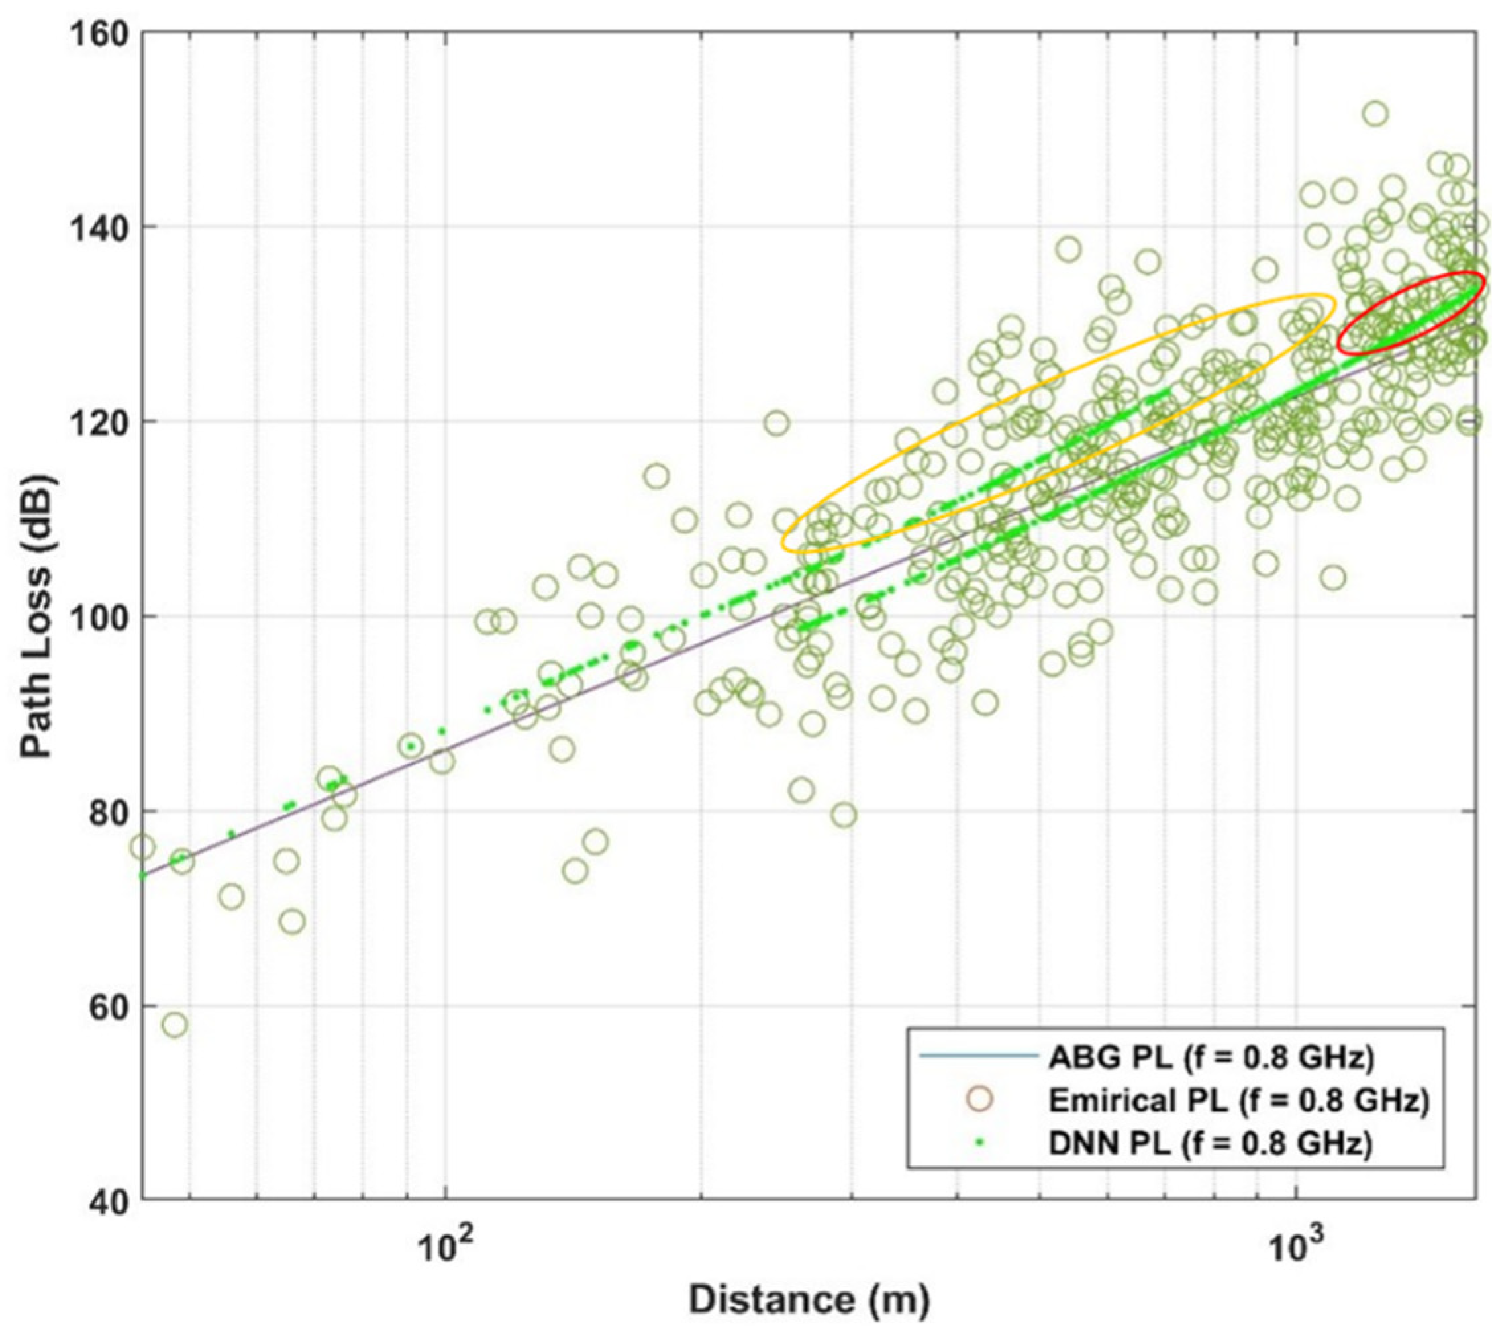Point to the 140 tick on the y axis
[x=94, y=228]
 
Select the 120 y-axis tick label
[x=94, y=422]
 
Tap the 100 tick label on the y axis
[x=94, y=617]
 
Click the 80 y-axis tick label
[x=103, y=811]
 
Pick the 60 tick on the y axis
[x=103, y=1007]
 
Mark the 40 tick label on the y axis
[x=103, y=1201]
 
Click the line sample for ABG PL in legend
[x=979, y=1056]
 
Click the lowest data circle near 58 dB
[x=174, y=1024]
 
